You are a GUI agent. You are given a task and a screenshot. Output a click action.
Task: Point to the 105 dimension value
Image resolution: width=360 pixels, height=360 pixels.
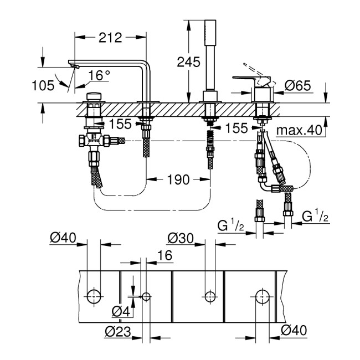point(44,85)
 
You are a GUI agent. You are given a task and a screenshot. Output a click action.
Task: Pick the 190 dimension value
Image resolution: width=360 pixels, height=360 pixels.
point(178,179)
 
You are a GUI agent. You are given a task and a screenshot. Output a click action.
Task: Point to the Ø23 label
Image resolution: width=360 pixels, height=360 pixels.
point(117,332)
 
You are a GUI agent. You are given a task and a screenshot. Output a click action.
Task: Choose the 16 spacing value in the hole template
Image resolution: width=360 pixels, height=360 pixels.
point(165,254)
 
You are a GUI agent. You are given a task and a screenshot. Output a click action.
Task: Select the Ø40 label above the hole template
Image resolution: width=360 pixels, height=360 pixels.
point(62,239)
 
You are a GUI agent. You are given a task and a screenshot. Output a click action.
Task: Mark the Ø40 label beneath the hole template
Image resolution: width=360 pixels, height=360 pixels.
point(293,331)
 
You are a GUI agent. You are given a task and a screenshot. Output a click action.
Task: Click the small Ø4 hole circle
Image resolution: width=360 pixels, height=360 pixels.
point(146,296)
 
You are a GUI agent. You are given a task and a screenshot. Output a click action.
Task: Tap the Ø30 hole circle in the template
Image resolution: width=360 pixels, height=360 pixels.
point(209,296)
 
